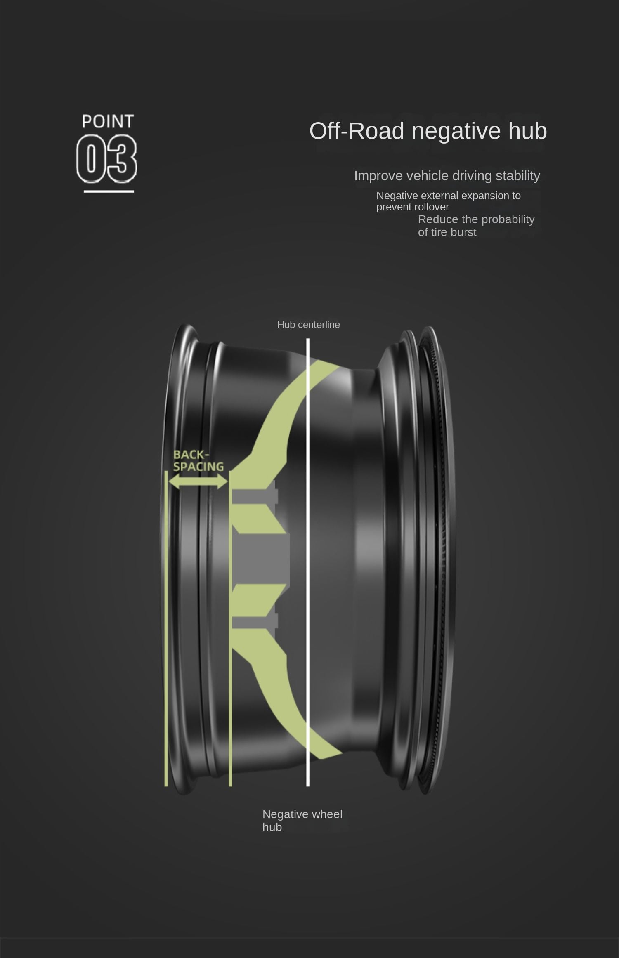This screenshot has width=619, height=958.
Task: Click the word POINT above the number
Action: point(108,121)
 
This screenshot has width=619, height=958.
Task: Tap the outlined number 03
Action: point(106,160)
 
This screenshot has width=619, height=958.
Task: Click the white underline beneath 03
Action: point(109,191)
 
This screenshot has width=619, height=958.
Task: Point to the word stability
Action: point(518,176)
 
